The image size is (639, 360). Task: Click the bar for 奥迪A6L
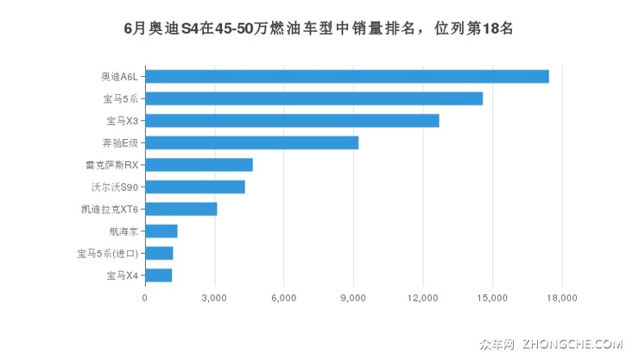click(346, 76)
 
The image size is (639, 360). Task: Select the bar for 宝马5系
click(313, 98)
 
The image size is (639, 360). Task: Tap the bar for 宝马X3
click(292, 120)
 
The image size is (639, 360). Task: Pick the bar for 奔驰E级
click(251, 142)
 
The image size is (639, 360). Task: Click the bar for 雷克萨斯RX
click(199, 165)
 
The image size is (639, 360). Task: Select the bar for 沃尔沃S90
click(195, 186)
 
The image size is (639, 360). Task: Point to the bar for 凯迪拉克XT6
click(180, 209)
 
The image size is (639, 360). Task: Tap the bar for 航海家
click(161, 231)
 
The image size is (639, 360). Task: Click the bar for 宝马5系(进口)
click(159, 253)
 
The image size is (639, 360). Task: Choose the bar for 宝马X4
click(158, 275)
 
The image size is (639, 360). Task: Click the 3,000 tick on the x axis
click(214, 299)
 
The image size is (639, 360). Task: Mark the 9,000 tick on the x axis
click(353, 299)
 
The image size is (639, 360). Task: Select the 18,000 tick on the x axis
click(561, 299)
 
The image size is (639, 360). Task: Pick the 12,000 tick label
click(422, 299)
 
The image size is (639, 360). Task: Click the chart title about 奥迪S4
click(319, 28)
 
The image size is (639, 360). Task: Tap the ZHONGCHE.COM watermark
click(573, 344)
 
